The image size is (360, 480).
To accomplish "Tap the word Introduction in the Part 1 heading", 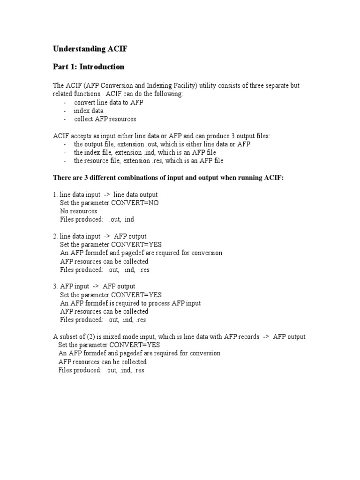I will pyautogui.click(x=102, y=67).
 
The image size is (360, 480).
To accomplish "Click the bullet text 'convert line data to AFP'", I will pyautogui.click(x=108, y=103).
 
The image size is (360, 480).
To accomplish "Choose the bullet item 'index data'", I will pyautogui.click(x=89, y=111).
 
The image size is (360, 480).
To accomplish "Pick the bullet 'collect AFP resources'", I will pyautogui.click(x=105, y=119).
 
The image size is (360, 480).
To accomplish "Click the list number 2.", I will pyautogui.click(x=55, y=236).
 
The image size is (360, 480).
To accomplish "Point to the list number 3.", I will pyautogui.click(x=55, y=286).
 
